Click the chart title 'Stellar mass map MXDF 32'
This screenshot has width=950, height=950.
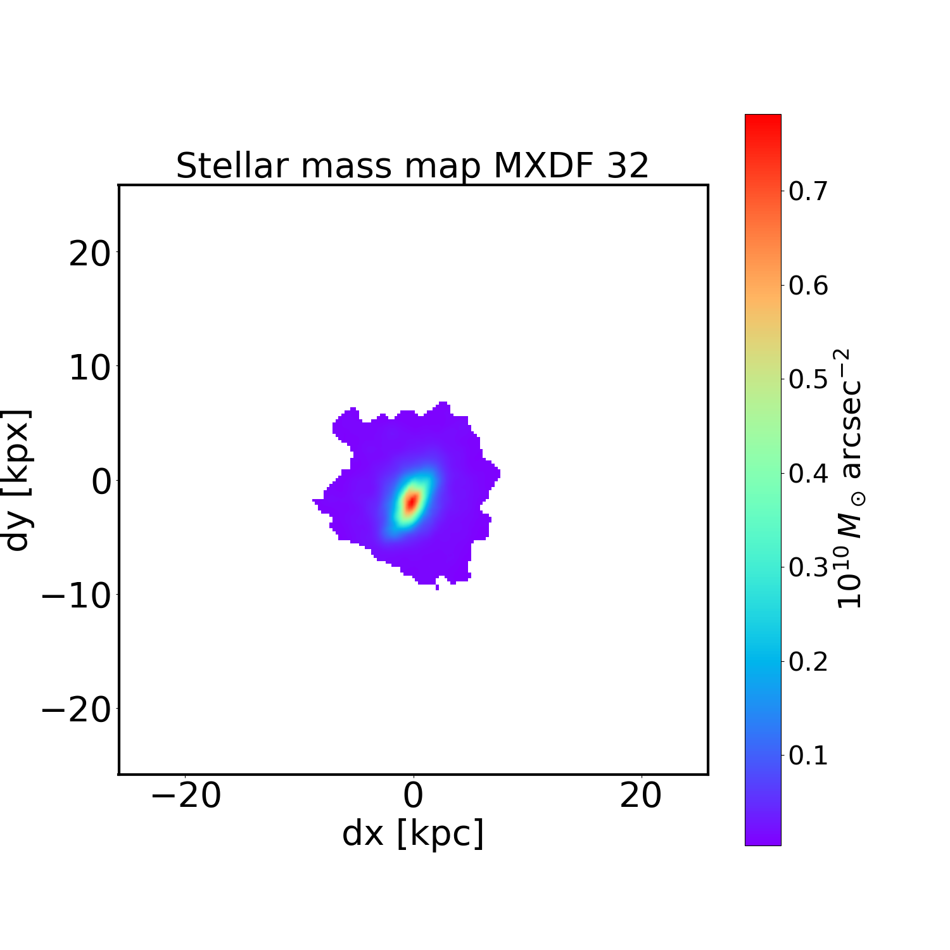[412, 166]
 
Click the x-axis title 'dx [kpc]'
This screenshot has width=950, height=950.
[413, 833]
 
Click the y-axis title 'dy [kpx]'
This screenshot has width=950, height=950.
[17, 480]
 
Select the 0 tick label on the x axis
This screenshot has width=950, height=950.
[413, 796]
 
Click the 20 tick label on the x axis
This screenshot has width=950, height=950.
[641, 796]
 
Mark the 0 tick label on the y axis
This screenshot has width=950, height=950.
[101, 482]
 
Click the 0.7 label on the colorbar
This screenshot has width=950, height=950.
[808, 191]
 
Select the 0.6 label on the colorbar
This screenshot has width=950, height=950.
[808, 285]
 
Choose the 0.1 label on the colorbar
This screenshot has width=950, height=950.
[808, 755]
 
